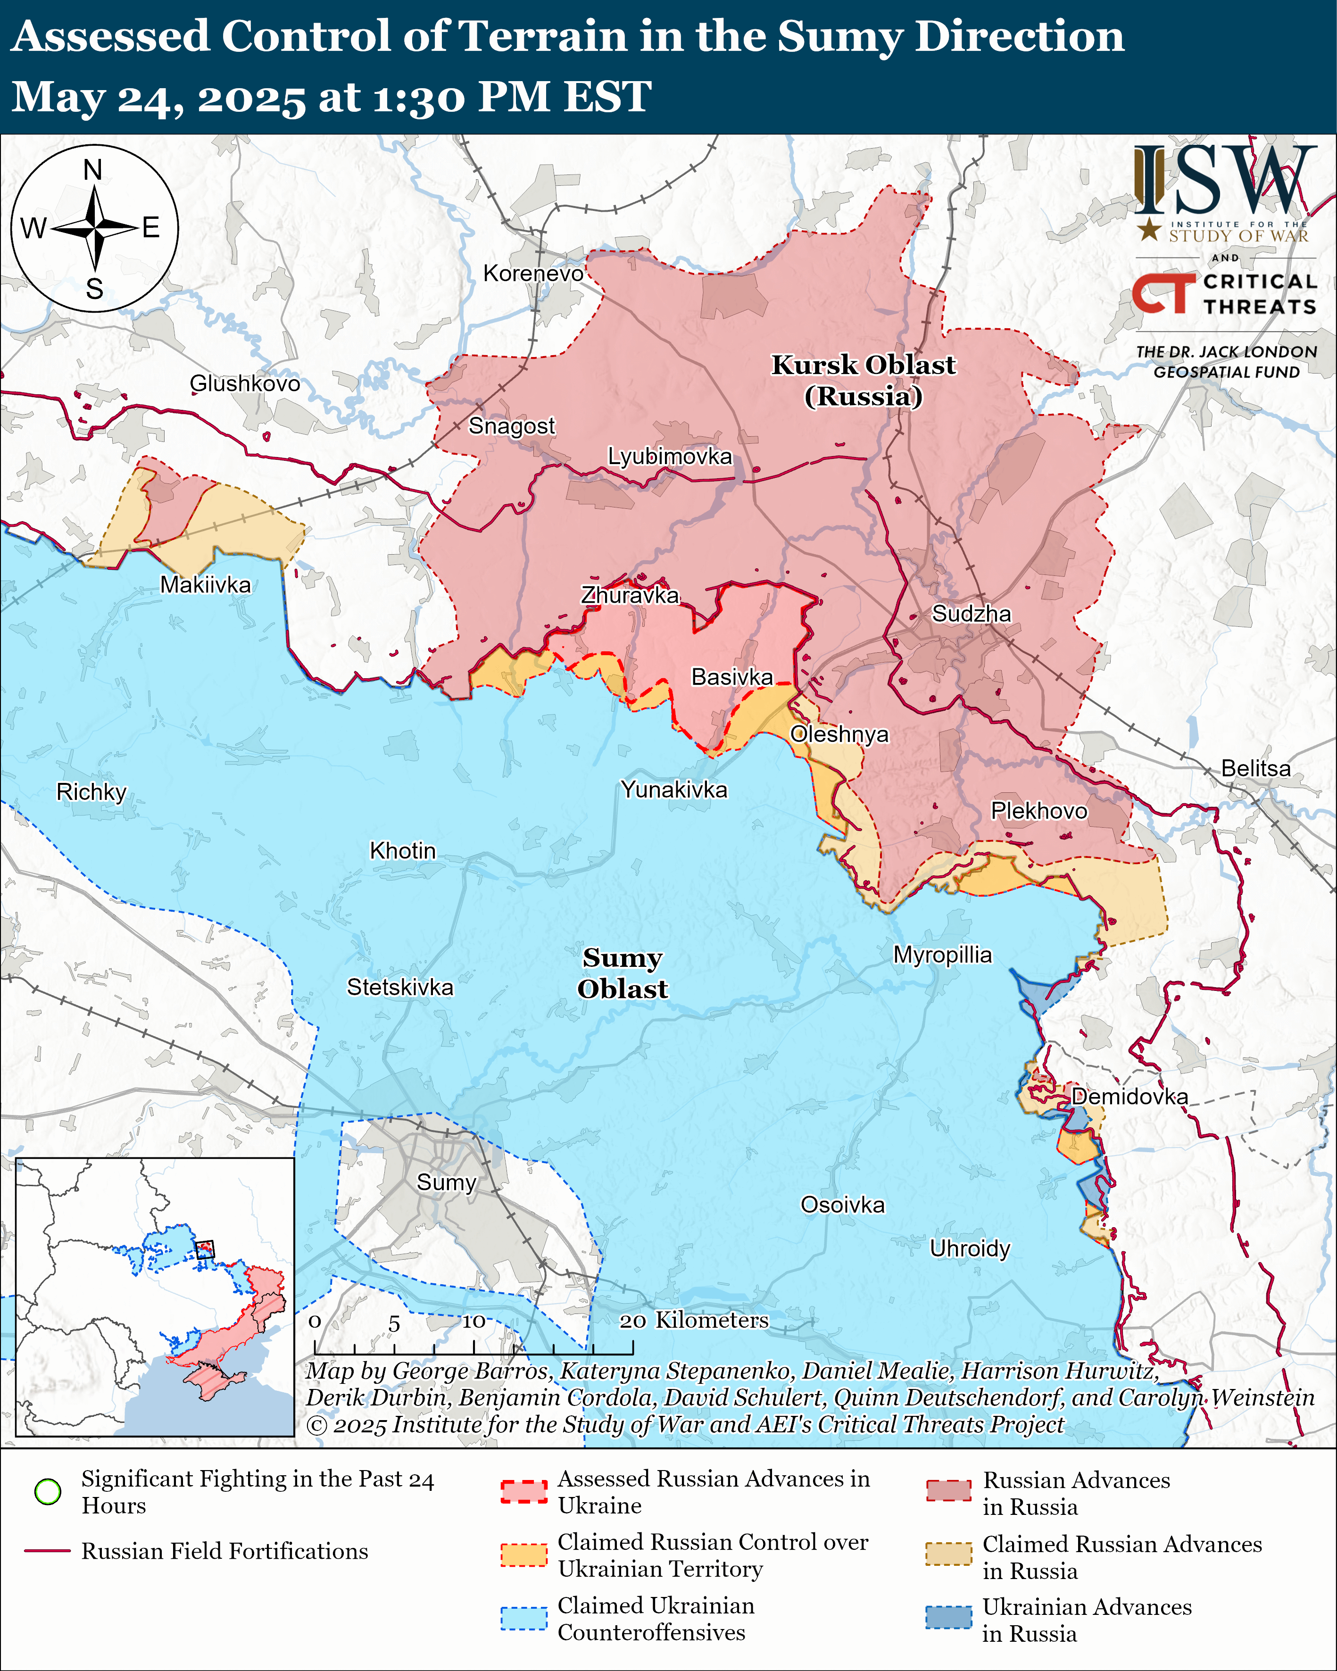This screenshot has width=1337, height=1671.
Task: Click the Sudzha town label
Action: [x=971, y=614]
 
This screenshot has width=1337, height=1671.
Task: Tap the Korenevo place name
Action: [x=533, y=274]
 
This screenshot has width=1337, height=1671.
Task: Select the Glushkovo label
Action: [x=245, y=383]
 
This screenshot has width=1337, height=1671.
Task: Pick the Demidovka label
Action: [x=1129, y=1097]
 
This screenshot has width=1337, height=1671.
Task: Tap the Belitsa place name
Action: [x=1255, y=768]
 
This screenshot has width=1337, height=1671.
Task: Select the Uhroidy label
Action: [x=970, y=1248]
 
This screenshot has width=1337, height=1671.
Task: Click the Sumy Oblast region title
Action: [x=623, y=973]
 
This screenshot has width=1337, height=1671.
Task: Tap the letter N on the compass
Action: [x=93, y=170]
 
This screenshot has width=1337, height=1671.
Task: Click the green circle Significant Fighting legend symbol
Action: [x=48, y=1491]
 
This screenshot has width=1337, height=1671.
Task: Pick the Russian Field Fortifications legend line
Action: [x=48, y=1551]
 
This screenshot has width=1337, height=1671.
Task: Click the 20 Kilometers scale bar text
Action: [x=694, y=1320]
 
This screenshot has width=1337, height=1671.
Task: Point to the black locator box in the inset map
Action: [x=205, y=1249]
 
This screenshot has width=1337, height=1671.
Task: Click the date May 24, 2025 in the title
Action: [x=159, y=98]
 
